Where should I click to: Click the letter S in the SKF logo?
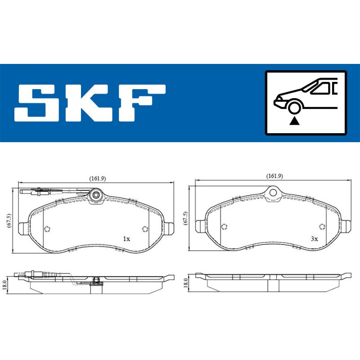(x=40, y=103)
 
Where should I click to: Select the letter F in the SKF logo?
(x=141, y=103)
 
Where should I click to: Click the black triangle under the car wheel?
(x=295, y=120)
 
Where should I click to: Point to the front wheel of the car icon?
(x=295, y=108)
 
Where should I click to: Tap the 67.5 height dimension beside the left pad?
(x=8, y=220)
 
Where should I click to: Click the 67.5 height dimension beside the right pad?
(x=185, y=218)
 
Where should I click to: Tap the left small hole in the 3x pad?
(x=224, y=226)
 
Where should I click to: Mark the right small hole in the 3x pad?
(x=321, y=226)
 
